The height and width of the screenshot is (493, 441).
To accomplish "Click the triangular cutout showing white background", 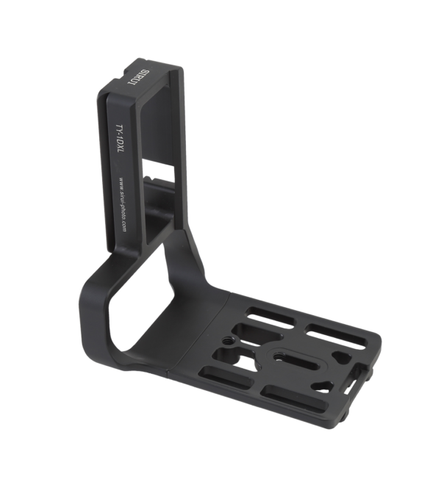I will click(x=340, y=357).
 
